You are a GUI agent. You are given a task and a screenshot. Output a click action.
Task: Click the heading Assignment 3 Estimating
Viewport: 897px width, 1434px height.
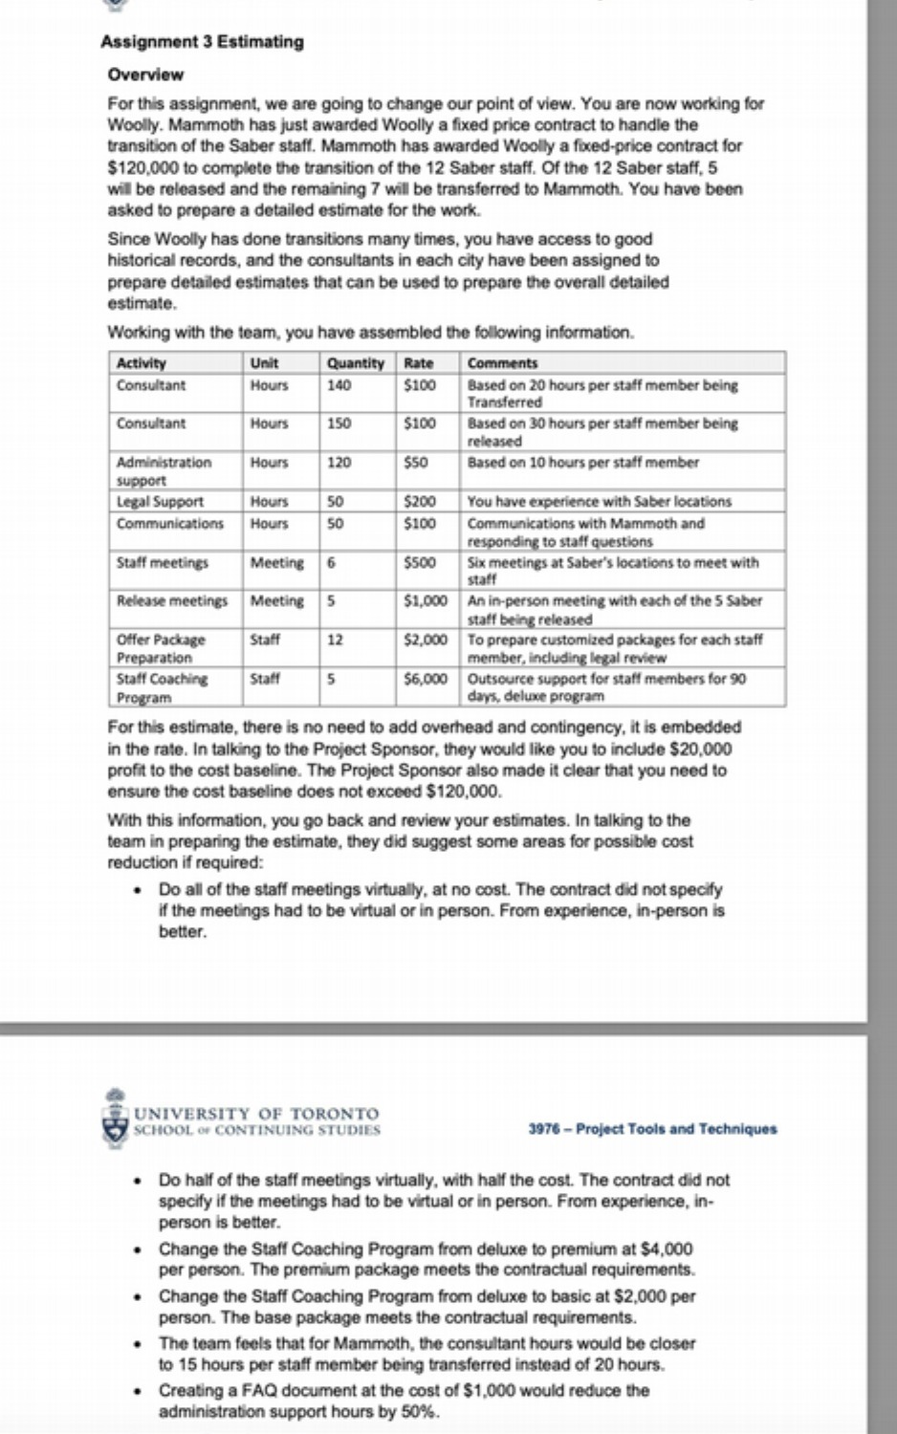coord(202,41)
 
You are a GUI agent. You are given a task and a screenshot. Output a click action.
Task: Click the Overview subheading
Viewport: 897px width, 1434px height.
coord(145,75)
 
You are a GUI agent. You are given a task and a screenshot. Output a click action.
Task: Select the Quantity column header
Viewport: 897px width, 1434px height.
coord(355,363)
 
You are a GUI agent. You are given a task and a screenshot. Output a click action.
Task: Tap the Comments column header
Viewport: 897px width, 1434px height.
coord(502,363)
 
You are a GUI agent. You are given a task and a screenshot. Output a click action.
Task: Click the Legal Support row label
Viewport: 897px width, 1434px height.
coord(160,501)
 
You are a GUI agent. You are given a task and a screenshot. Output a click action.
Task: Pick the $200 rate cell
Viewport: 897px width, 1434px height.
coord(420,501)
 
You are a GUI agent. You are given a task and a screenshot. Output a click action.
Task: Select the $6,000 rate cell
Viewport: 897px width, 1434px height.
coord(426,679)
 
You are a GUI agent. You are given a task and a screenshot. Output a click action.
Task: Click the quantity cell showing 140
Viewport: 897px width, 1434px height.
coord(339,385)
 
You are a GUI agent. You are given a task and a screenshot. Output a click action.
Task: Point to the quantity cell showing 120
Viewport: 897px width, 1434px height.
coord(339,463)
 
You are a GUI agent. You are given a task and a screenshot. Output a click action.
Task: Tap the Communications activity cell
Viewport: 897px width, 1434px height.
coord(169,524)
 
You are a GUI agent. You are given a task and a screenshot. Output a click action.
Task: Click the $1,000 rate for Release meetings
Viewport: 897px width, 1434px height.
coord(426,601)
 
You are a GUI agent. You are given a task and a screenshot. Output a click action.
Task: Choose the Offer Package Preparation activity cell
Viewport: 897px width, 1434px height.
coord(160,648)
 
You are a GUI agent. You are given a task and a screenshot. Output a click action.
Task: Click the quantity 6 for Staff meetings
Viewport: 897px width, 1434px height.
coord(331,563)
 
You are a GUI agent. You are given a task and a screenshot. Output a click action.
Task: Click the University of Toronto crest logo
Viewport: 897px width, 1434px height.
coord(115,1116)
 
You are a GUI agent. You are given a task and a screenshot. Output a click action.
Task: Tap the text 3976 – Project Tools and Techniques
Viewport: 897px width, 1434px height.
coord(652,1129)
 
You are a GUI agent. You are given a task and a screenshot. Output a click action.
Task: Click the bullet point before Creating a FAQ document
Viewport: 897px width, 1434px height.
coord(140,1391)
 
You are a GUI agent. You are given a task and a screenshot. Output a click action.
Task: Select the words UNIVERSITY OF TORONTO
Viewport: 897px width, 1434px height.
coord(256,1113)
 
